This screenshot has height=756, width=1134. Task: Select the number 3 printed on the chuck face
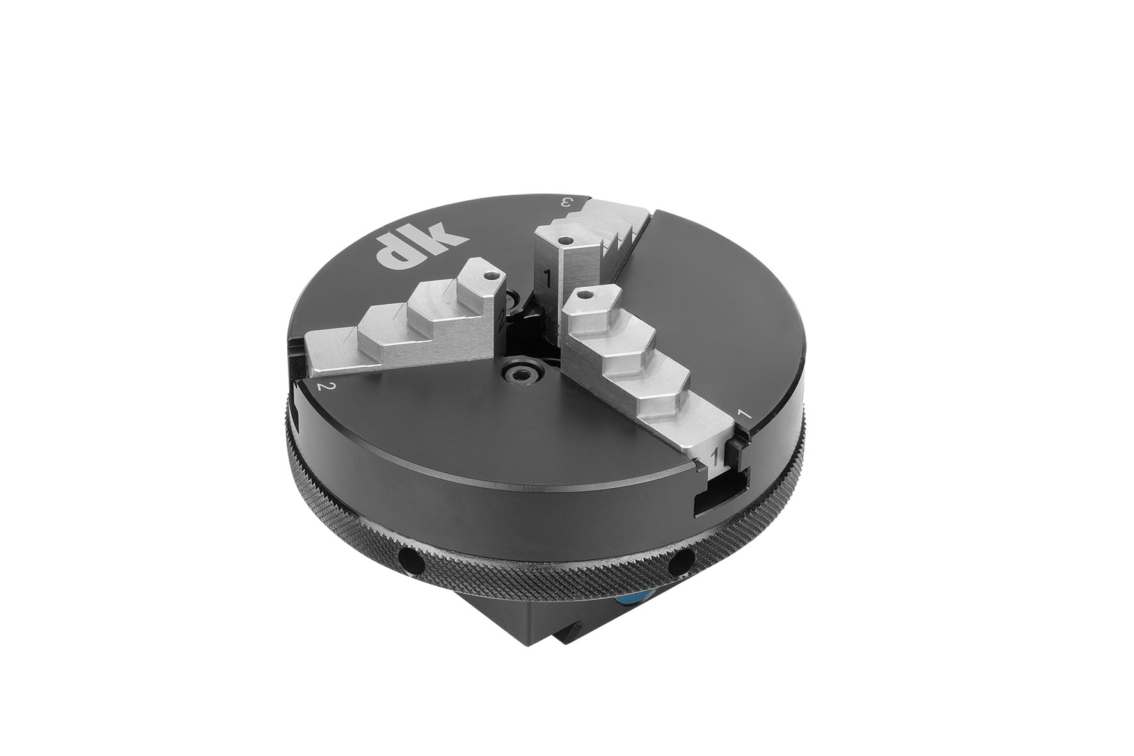click(x=565, y=203)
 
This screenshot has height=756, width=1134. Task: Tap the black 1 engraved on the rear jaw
click(x=547, y=278)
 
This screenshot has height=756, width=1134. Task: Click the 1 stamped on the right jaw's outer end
click(x=715, y=456)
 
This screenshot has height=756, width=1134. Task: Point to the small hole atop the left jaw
click(x=490, y=277)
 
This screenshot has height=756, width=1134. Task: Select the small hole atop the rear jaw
click(x=564, y=242)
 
